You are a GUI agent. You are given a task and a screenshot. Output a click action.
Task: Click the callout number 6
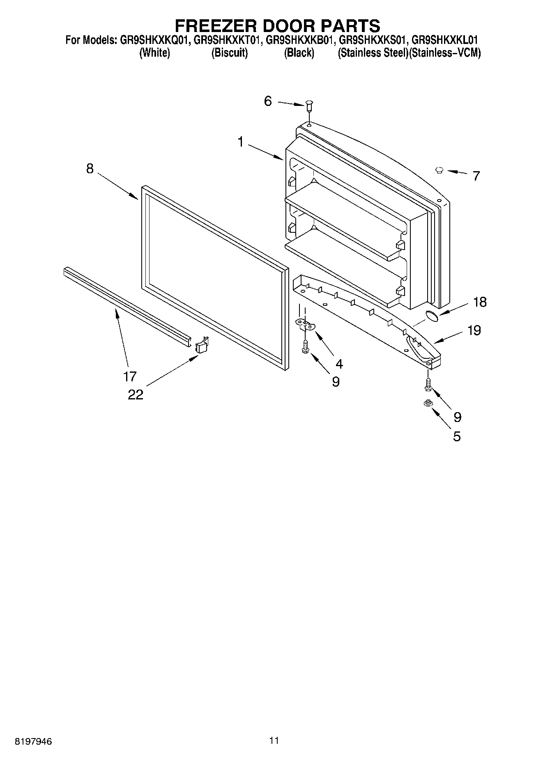point(268,101)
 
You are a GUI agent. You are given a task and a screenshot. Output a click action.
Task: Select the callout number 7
point(476,176)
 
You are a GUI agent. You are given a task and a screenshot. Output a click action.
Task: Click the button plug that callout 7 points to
point(439,169)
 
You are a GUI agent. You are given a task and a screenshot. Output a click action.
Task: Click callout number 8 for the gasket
point(90,169)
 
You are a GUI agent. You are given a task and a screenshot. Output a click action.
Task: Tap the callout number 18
point(479,302)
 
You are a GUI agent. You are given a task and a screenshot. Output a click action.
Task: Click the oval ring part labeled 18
point(431,315)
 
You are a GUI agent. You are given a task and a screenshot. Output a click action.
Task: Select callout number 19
point(474,330)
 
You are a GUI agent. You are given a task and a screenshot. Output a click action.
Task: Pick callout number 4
point(338,364)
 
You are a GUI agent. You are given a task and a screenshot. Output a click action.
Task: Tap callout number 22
point(136,394)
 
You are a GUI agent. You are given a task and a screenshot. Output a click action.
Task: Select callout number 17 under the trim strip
point(130,376)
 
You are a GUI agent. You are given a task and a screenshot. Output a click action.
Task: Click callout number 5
point(457,436)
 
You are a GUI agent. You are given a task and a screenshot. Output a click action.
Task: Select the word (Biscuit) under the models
point(229,53)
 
